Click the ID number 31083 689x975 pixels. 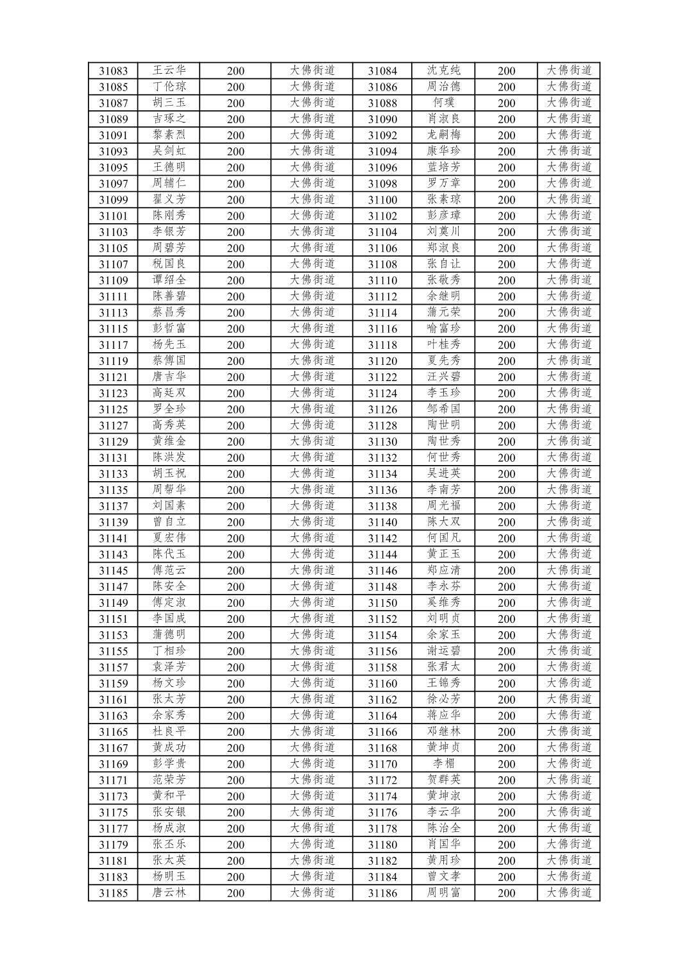click(113, 71)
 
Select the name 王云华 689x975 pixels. click(169, 71)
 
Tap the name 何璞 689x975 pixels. click(443, 103)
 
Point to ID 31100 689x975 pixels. click(382, 200)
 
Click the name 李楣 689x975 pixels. click(443, 764)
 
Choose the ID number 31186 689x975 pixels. click(382, 893)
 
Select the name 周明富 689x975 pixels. click(443, 893)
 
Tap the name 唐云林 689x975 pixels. click(169, 893)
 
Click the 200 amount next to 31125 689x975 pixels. click(235, 409)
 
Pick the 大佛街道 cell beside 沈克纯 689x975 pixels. click(568, 71)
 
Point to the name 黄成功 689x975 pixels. click(169, 748)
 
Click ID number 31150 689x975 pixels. click(382, 603)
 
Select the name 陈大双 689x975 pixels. click(443, 522)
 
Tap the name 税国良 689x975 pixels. click(169, 264)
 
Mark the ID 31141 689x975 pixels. click(113, 538)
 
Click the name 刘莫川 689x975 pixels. click(443, 232)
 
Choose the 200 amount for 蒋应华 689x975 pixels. click(506, 716)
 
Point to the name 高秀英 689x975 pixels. click(169, 425)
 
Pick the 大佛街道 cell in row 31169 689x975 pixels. click(312, 764)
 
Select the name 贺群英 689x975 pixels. click(443, 780)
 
